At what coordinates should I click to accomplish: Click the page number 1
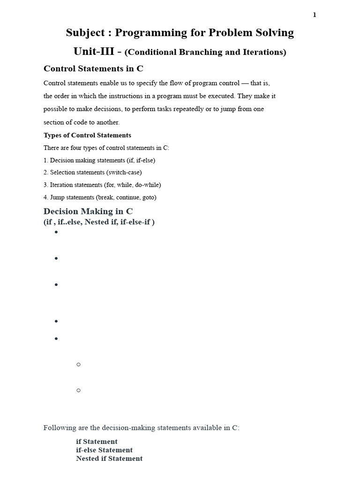(315, 15)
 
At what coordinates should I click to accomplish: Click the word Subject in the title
(86, 33)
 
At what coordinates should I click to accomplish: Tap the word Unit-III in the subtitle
(94, 52)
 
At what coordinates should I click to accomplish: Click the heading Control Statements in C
(93, 68)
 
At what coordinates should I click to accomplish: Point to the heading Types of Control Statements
(87, 135)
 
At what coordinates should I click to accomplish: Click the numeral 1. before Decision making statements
(46, 160)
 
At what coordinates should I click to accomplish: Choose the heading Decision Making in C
(88, 211)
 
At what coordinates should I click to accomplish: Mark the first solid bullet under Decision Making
(56, 232)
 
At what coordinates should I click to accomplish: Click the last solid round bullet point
(56, 338)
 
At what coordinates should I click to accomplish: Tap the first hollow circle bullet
(78, 364)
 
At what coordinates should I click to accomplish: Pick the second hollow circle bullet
(78, 390)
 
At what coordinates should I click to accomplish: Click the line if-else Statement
(104, 450)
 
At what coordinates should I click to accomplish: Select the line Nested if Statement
(109, 458)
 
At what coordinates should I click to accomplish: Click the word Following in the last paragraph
(58, 428)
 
